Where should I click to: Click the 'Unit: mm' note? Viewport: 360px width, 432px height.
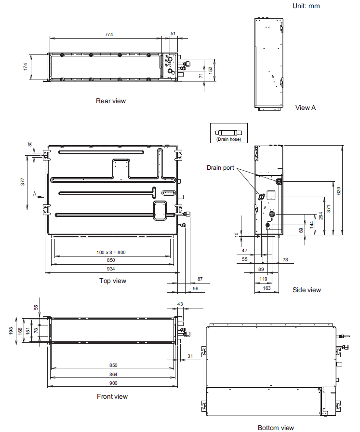tap(306, 6)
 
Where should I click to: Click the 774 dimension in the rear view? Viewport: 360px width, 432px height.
tap(109, 34)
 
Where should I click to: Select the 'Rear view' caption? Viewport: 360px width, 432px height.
tap(111, 101)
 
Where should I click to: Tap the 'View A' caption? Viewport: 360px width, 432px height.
tap(306, 108)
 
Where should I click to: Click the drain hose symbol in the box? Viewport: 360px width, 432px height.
tap(228, 132)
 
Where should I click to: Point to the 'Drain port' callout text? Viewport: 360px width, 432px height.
tap(220, 167)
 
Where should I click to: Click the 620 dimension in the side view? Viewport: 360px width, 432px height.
tap(339, 190)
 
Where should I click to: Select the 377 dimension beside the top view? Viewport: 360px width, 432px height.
tap(23, 182)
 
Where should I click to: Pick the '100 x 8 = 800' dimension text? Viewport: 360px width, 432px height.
tap(111, 252)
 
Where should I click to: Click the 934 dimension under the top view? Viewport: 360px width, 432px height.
tap(111, 269)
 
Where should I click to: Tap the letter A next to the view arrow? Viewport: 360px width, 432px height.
tap(35, 194)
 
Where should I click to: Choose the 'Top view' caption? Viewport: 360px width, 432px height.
tap(113, 281)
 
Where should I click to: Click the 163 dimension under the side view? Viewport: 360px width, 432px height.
tap(267, 288)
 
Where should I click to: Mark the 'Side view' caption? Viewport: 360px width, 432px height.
tap(307, 290)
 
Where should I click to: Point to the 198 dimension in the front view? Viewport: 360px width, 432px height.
tap(11, 331)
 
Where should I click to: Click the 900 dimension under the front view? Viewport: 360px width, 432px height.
tap(113, 383)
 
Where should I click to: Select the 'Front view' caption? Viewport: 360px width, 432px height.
tap(112, 396)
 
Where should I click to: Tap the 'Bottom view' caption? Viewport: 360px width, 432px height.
tap(276, 428)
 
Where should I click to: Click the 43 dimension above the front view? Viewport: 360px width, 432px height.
tap(180, 304)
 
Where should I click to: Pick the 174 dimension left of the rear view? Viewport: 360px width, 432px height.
tap(26, 67)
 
